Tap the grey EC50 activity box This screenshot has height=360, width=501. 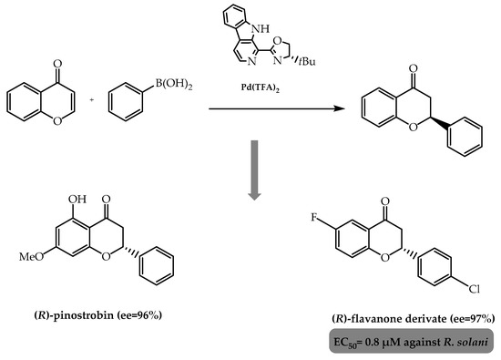click(x=414, y=345)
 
